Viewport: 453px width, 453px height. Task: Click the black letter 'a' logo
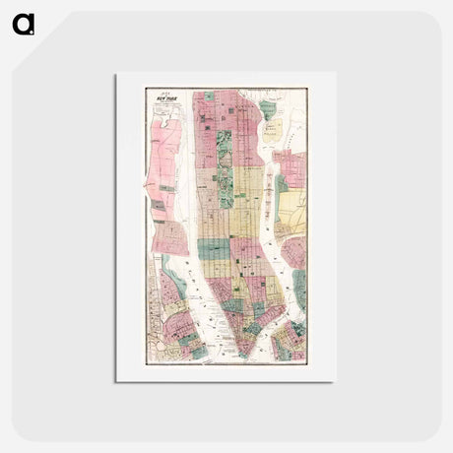[23, 23]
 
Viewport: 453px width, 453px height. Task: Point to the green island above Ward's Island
[268, 108]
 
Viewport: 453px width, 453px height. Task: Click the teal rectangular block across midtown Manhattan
[214, 247]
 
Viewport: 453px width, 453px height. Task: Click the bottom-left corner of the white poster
[116, 381]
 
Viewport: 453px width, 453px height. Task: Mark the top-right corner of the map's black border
[306, 89]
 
